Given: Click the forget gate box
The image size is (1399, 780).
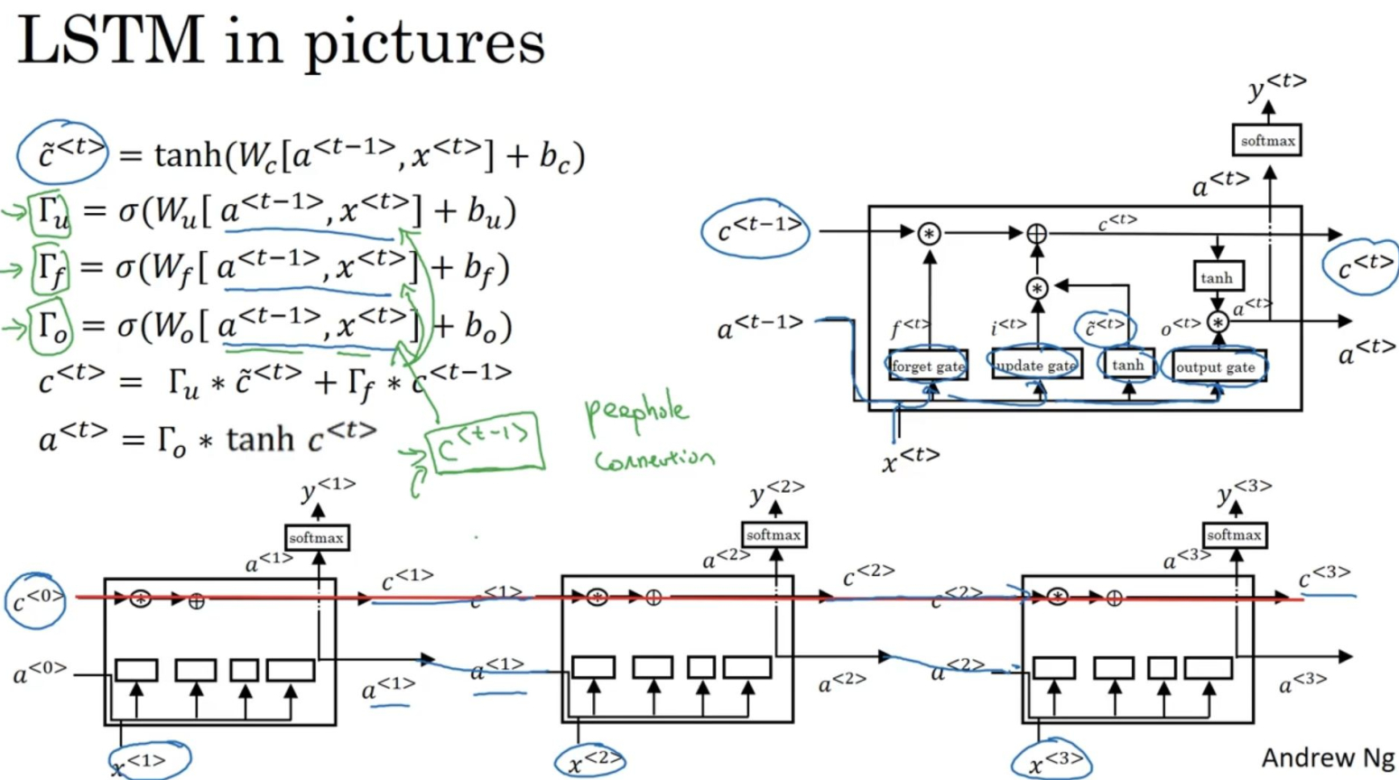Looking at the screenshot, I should [928, 366].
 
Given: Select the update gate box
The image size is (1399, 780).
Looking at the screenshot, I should [1036, 365].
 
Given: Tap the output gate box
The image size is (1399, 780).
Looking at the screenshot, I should [1216, 367].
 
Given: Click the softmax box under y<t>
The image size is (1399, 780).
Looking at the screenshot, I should [1266, 141].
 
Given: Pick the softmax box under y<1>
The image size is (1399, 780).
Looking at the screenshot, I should [316, 538].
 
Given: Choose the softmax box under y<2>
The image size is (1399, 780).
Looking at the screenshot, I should [774, 534].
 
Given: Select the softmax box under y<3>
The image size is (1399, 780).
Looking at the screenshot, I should [1234, 534].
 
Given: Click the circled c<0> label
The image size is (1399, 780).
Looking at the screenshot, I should [36, 599].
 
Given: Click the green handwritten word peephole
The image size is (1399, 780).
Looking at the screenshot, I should [636, 413].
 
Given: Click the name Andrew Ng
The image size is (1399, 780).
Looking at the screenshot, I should [1327, 757].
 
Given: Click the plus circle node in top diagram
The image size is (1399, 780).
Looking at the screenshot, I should [1037, 234].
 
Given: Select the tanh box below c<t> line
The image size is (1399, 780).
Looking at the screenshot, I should [1218, 277].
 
